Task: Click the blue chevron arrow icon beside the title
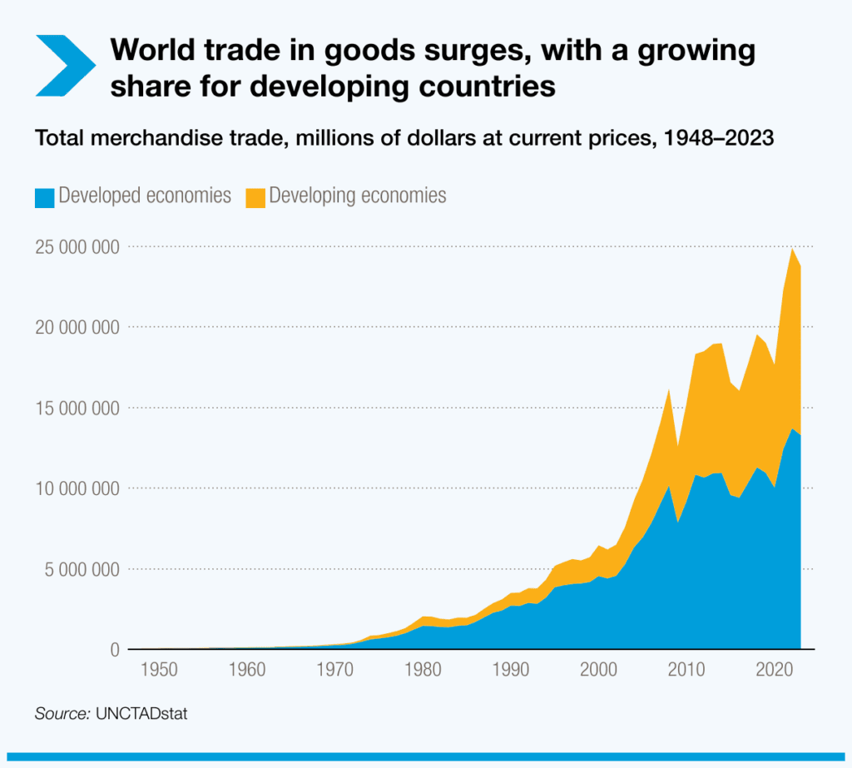(x=66, y=65)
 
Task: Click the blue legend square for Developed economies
(x=44, y=197)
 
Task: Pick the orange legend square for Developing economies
(x=255, y=197)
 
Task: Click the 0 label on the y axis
(x=114, y=650)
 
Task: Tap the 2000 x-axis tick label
(x=598, y=668)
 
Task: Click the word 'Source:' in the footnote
(x=62, y=714)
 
